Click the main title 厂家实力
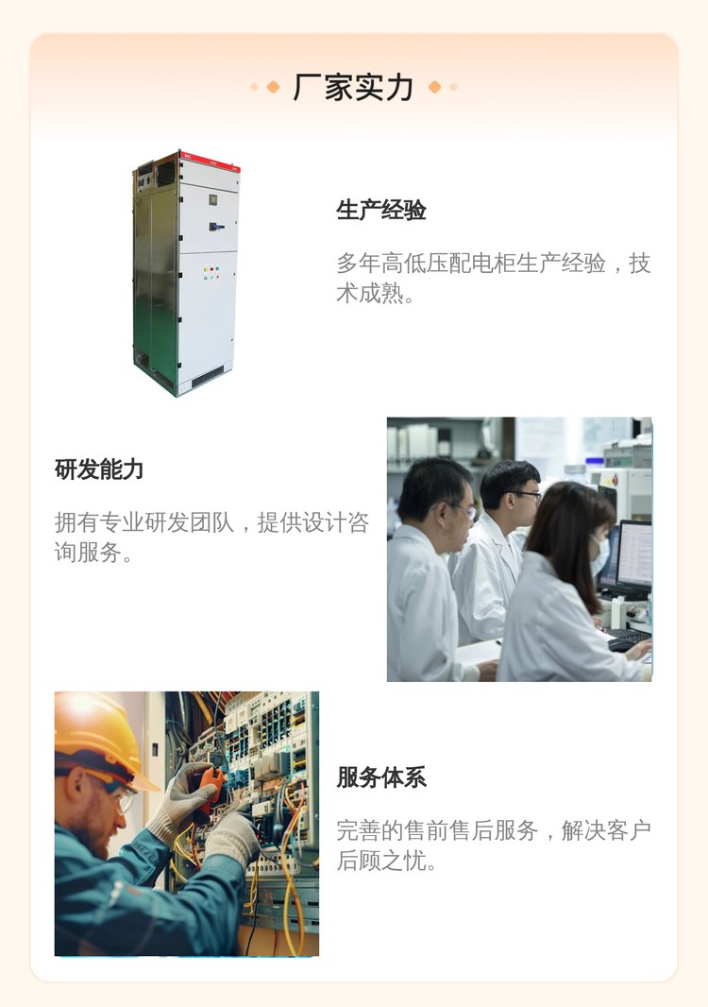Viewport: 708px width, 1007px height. pos(353,87)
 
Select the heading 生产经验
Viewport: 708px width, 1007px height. pos(381,210)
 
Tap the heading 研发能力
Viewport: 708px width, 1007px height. pos(99,469)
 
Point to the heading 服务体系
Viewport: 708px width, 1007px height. pos(381,777)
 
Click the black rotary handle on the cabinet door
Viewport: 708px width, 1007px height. pos(216,227)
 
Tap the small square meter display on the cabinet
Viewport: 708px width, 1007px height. pos(213,199)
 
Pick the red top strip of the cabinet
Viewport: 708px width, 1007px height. pos(210,160)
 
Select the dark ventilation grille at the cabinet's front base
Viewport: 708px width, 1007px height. pos(208,376)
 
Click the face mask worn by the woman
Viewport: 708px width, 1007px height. pos(600,556)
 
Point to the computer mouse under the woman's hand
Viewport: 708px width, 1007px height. pos(620,645)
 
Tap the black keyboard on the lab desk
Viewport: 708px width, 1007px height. pos(630,635)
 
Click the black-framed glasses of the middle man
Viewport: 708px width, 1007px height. pos(524,494)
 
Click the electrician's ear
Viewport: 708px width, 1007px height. pos(76,786)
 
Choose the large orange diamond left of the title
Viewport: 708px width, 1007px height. pos(273,87)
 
